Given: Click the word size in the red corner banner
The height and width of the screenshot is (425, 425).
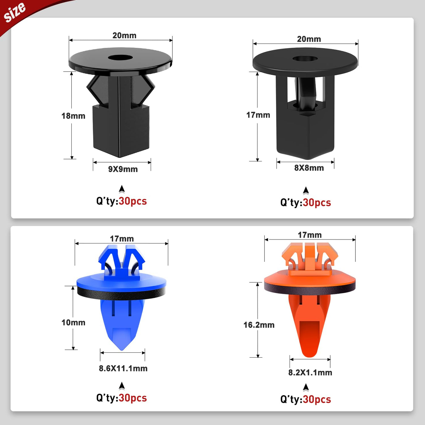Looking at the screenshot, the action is [15, 12].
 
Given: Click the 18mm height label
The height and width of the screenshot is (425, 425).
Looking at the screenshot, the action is [73, 116].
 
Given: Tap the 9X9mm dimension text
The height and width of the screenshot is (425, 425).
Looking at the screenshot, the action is [123, 169].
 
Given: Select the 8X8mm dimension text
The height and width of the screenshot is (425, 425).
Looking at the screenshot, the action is [309, 168].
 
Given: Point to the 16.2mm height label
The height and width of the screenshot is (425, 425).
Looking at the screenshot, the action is [259, 325].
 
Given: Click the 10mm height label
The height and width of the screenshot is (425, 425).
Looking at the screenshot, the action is [73, 322].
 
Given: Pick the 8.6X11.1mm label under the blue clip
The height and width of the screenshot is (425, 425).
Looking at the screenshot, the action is [123, 368].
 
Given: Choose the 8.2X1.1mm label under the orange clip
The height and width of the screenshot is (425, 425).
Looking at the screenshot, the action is [310, 372].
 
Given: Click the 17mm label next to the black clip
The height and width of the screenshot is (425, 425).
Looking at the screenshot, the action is [258, 115].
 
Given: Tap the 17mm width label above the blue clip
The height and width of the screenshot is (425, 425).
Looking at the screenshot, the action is [122, 239].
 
